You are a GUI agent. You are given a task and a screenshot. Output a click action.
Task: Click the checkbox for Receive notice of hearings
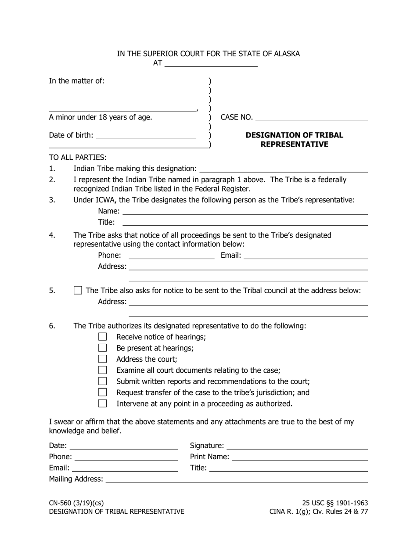click(102, 337)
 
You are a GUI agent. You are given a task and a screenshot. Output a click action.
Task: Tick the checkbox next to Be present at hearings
click(102, 348)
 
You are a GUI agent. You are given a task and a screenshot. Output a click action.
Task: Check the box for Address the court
click(102, 359)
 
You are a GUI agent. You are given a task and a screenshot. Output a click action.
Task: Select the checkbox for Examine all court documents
click(102, 370)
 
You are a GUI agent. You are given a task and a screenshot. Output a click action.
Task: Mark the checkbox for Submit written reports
click(102, 381)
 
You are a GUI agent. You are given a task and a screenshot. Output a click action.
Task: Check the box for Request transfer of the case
click(102, 392)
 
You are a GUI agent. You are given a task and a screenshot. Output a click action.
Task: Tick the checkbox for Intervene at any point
click(102, 403)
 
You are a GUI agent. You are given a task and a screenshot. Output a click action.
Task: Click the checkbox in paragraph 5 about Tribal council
click(78, 290)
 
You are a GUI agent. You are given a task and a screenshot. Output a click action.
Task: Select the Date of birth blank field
click(145, 135)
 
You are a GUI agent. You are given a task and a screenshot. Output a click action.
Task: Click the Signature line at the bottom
click(297, 446)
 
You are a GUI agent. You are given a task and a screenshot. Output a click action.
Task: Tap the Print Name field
click(299, 457)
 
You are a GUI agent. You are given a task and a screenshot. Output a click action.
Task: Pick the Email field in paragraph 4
click(305, 255)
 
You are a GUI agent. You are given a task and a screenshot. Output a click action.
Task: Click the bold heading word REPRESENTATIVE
click(294, 144)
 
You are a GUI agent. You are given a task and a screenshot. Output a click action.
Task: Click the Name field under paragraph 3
click(244, 211)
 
